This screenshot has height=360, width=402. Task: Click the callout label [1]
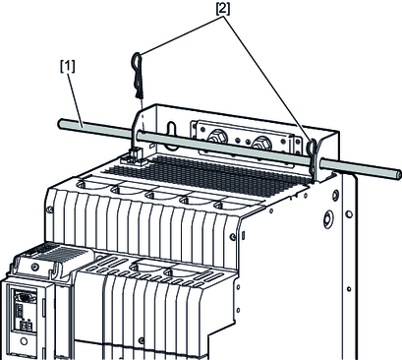click(x=68, y=67)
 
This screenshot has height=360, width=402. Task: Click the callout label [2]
click(x=222, y=9)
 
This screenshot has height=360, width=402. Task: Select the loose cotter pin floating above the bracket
click(x=138, y=76)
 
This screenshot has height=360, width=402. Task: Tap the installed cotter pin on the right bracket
click(x=313, y=157)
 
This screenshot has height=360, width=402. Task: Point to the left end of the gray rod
click(x=61, y=124)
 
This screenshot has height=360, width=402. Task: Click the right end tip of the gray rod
click(x=398, y=174)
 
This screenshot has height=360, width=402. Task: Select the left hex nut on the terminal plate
click(x=216, y=136)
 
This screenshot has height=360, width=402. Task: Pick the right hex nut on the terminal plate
click(x=261, y=143)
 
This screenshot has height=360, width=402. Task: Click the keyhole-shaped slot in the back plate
click(x=171, y=132)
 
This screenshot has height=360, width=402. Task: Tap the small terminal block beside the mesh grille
click(x=135, y=156)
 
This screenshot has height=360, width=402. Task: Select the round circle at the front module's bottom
click(x=24, y=341)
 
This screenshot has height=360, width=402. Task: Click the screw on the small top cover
click(x=34, y=268)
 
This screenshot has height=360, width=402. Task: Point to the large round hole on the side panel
click(x=328, y=219)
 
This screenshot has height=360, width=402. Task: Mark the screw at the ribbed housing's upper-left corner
click(x=49, y=210)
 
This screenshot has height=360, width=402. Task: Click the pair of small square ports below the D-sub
click(x=25, y=326)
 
